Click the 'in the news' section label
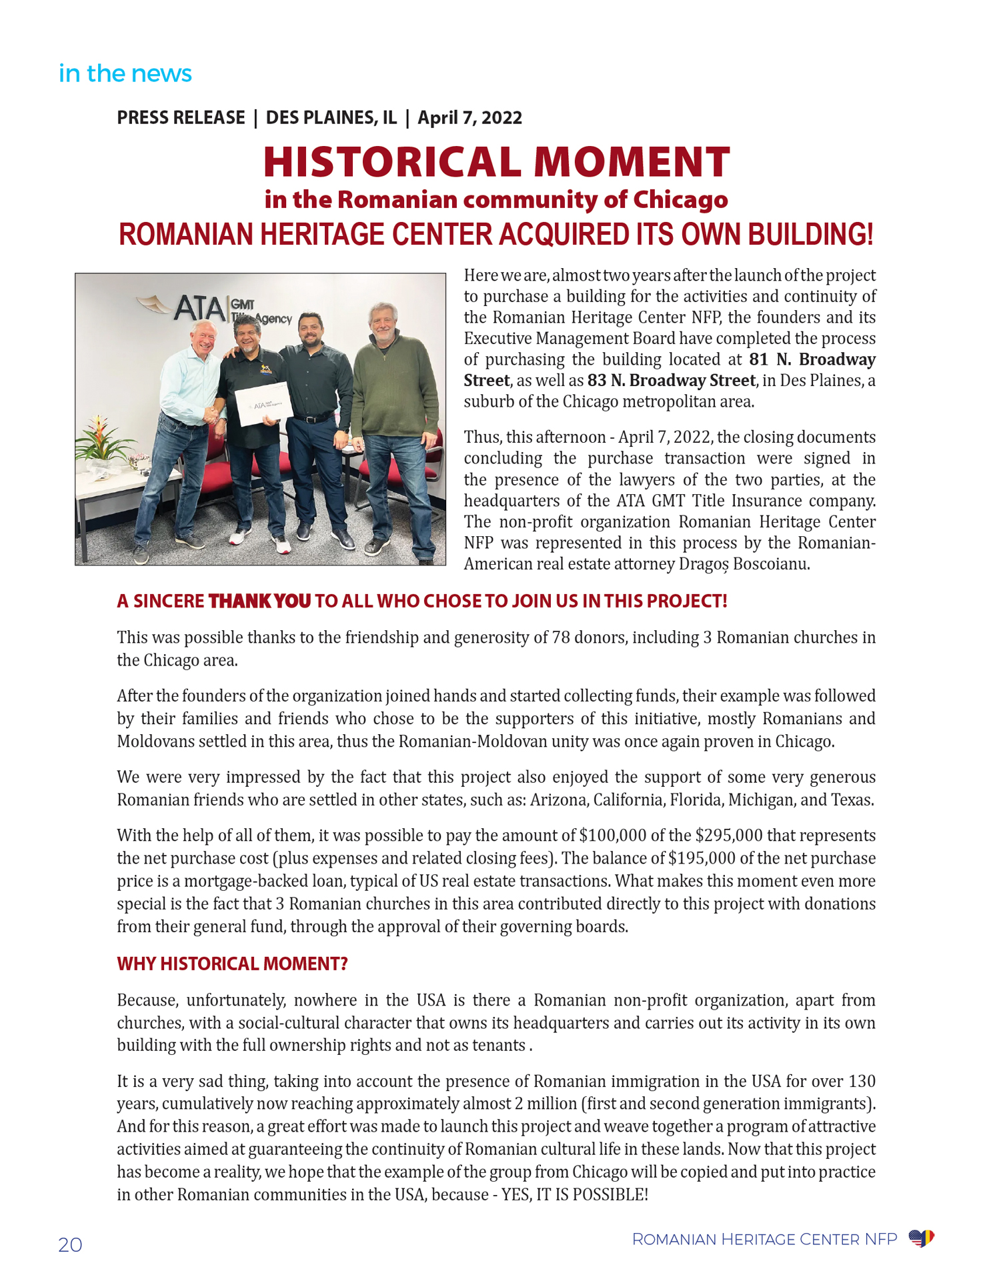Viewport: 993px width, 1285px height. coord(125,73)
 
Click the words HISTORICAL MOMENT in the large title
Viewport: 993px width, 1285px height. coord(496,162)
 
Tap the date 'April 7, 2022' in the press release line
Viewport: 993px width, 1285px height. coord(469,118)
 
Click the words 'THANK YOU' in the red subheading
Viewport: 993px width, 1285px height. coord(259,601)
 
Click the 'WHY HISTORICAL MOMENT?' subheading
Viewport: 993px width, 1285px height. coord(232,964)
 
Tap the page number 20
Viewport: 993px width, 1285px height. coord(70,1245)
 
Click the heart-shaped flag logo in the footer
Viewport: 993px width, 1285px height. coord(921,1239)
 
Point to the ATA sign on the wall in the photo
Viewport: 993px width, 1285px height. coord(199,308)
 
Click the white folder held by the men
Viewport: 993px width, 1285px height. coord(263,403)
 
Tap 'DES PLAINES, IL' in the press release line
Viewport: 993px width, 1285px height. coord(331,118)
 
